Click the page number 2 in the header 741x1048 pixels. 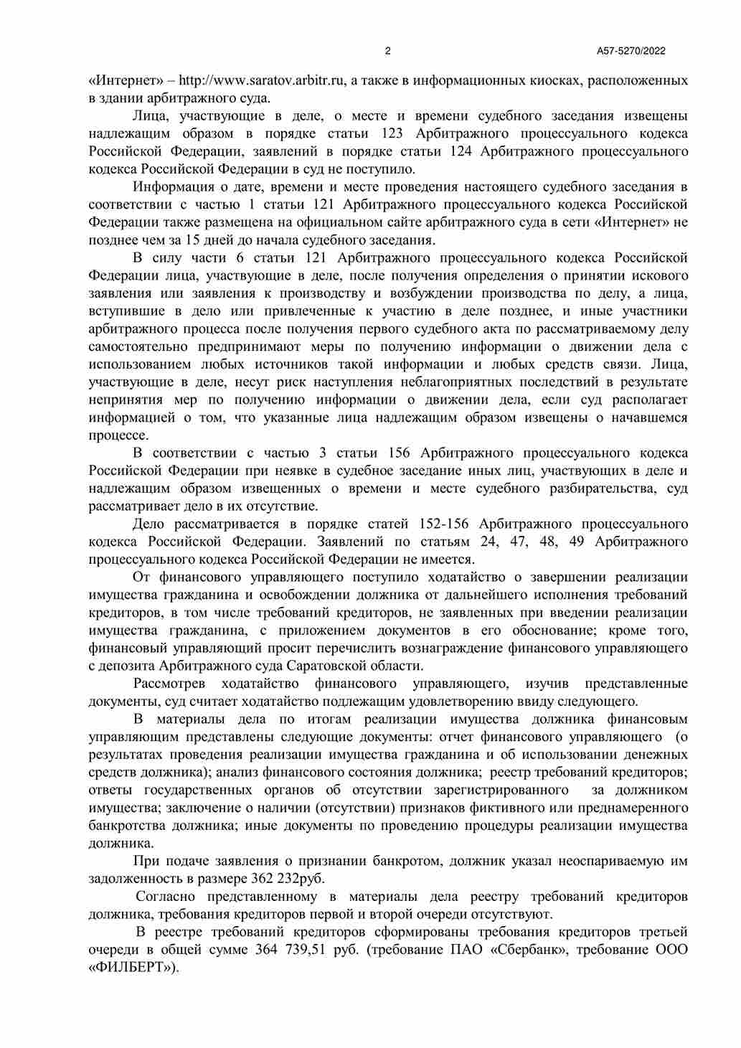tap(388, 51)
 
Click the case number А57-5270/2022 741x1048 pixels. tap(631, 51)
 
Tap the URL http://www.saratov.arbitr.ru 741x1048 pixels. tap(263, 80)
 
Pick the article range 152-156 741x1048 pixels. tap(440, 524)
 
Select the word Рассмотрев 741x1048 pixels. tap(169, 684)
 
